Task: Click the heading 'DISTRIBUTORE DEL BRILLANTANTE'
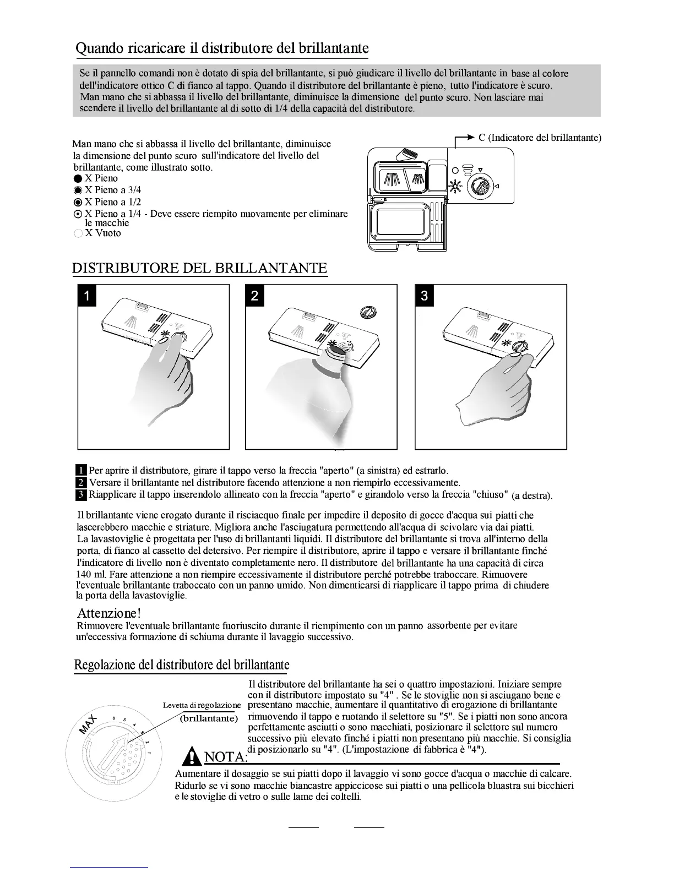tap(200, 268)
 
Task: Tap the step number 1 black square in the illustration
tap(87, 296)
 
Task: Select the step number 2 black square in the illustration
tap(254, 296)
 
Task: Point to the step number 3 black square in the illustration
tap(424, 296)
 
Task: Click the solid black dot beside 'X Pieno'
tap(78, 178)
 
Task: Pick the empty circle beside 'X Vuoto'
tap(78, 233)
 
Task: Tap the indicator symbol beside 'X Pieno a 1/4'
tap(78, 214)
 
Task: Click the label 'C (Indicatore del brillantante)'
tap(540, 138)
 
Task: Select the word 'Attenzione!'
tap(110, 613)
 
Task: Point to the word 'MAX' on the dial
tap(88, 724)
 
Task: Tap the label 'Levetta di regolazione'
tap(202, 705)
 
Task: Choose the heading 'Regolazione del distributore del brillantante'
tap(182, 665)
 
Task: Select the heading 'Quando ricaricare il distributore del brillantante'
tap(222, 48)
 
